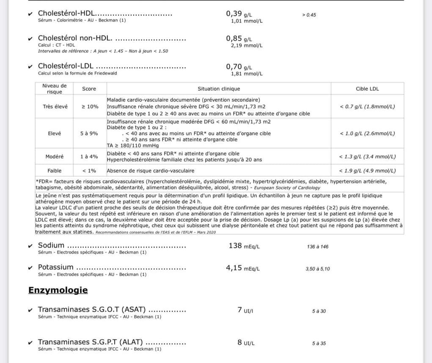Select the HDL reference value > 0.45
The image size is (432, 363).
point(309,15)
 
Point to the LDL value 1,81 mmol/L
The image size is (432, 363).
point(247,74)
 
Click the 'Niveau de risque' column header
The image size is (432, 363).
point(55,89)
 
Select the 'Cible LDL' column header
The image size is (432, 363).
point(367,89)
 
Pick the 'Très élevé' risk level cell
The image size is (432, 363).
point(55,106)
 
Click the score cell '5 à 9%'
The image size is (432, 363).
point(89,134)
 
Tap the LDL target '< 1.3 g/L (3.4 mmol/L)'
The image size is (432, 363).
point(367,157)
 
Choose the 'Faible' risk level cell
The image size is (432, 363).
point(55,171)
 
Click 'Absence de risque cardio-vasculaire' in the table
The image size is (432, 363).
point(151,171)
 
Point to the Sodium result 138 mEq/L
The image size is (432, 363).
point(244,246)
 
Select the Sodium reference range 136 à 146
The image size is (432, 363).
point(317,247)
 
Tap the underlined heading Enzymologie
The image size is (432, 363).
point(58,290)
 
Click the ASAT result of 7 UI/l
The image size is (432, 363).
point(245,310)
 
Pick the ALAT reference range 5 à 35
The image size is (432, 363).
point(319,344)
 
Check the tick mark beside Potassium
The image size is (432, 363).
point(30,268)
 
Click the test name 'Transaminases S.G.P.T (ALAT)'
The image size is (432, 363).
point(90,342)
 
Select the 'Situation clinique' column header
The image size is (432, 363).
point(219,89)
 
